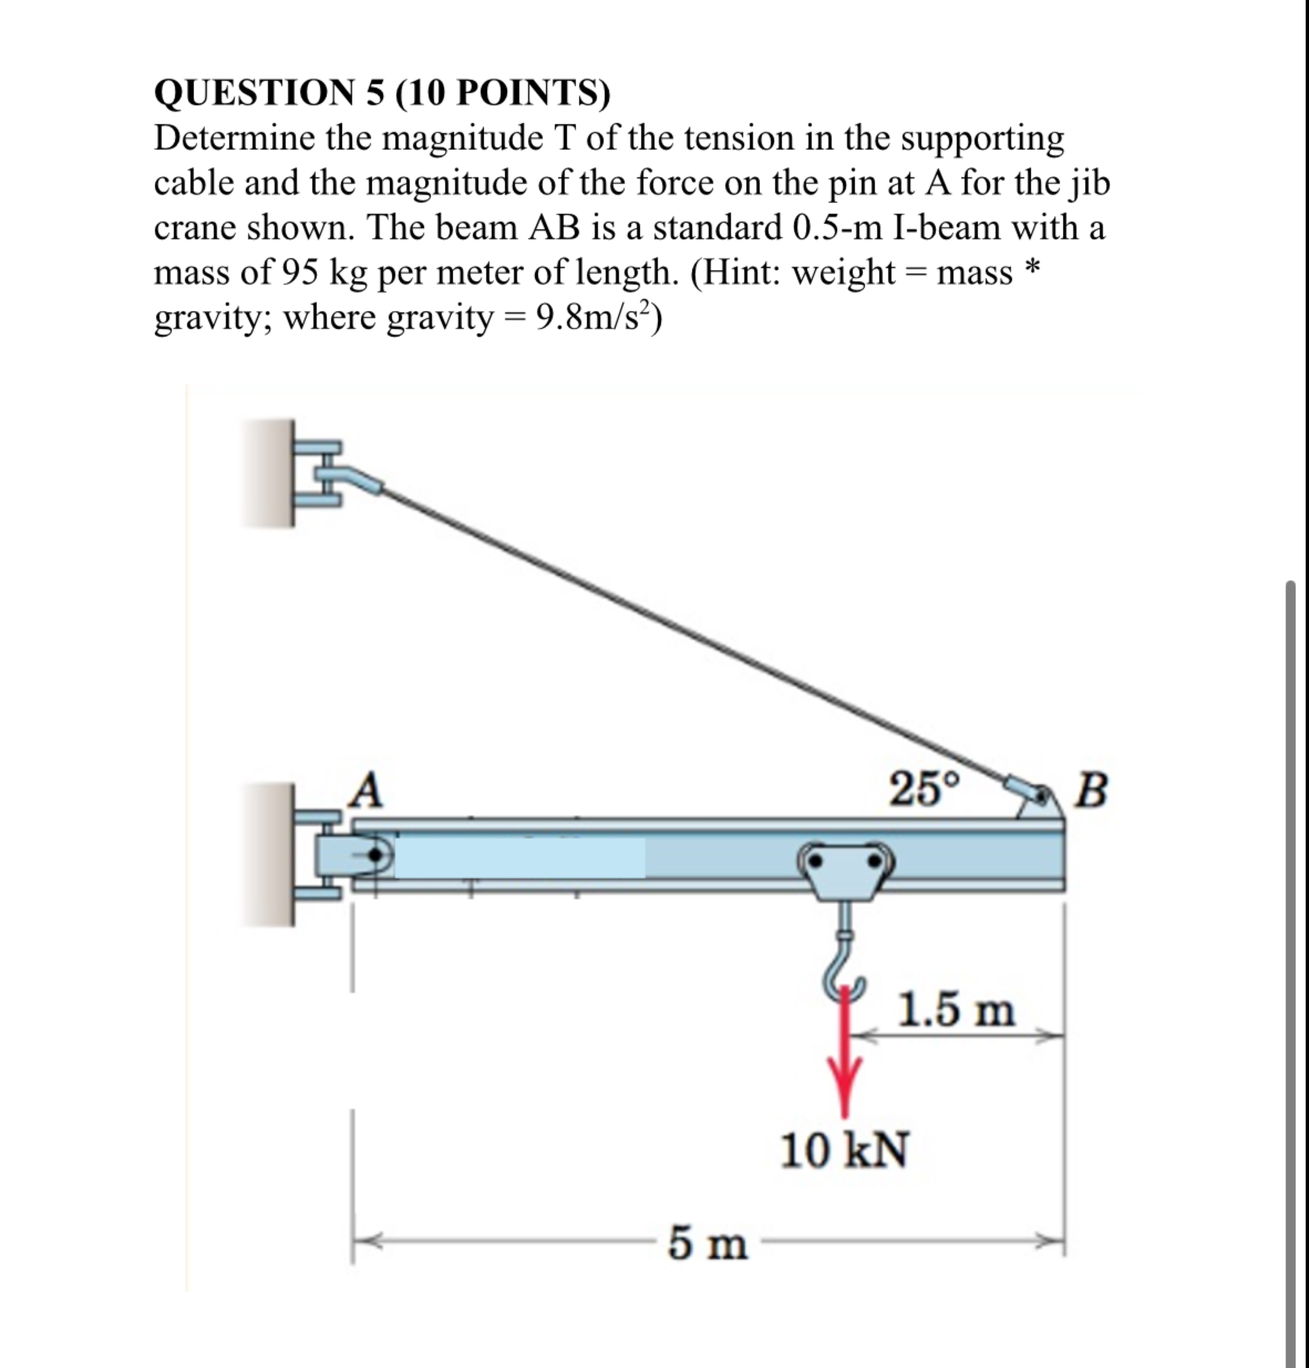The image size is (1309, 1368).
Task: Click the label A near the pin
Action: (x=368, y=789)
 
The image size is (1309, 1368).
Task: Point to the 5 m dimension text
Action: (x=707, y=1244)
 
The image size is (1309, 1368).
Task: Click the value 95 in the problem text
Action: (x=300, y=272)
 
